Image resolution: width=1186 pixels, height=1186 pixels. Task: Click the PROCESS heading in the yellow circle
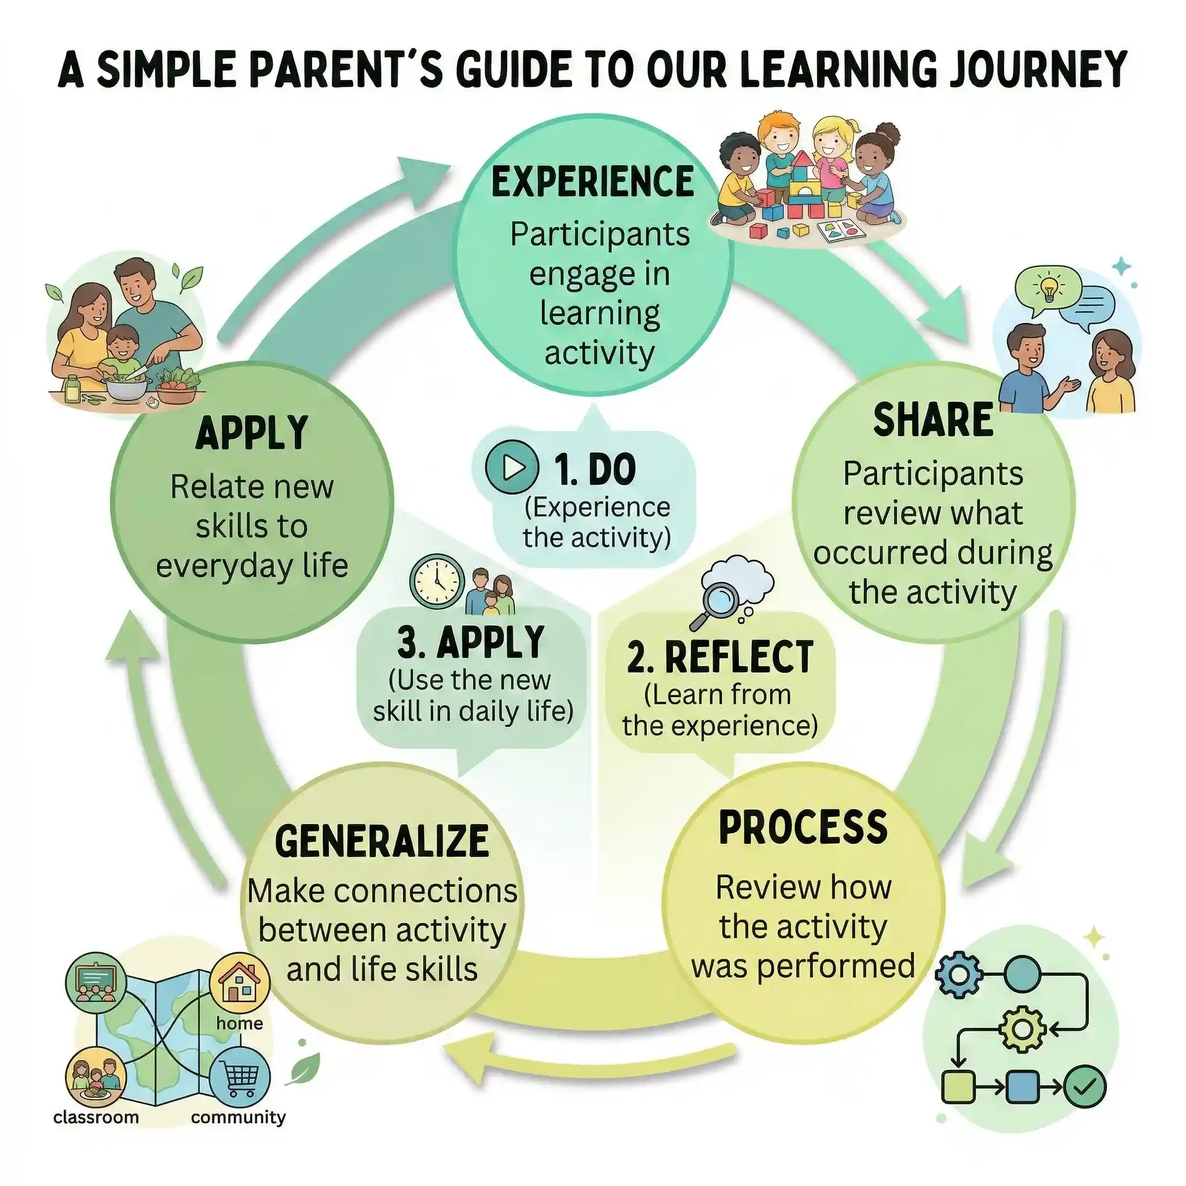tap(803, 827)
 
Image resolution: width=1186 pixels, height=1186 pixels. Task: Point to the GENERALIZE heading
tap(382, 840)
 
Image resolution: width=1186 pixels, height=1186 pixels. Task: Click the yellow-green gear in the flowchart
tap(1022, 1028)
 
